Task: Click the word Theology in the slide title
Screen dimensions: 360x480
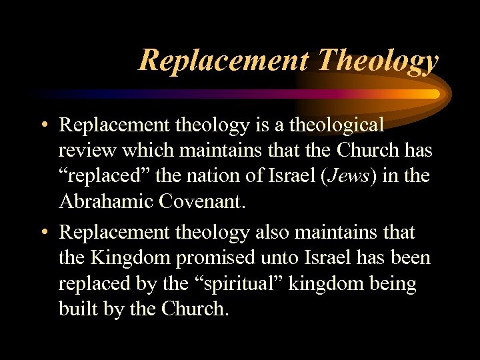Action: pyautogui.click(x=378, y=61)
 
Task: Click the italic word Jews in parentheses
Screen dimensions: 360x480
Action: pyautogui.click(x=349, y=177)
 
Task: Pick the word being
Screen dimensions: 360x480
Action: pyautogui.click(x=393, y=285)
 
